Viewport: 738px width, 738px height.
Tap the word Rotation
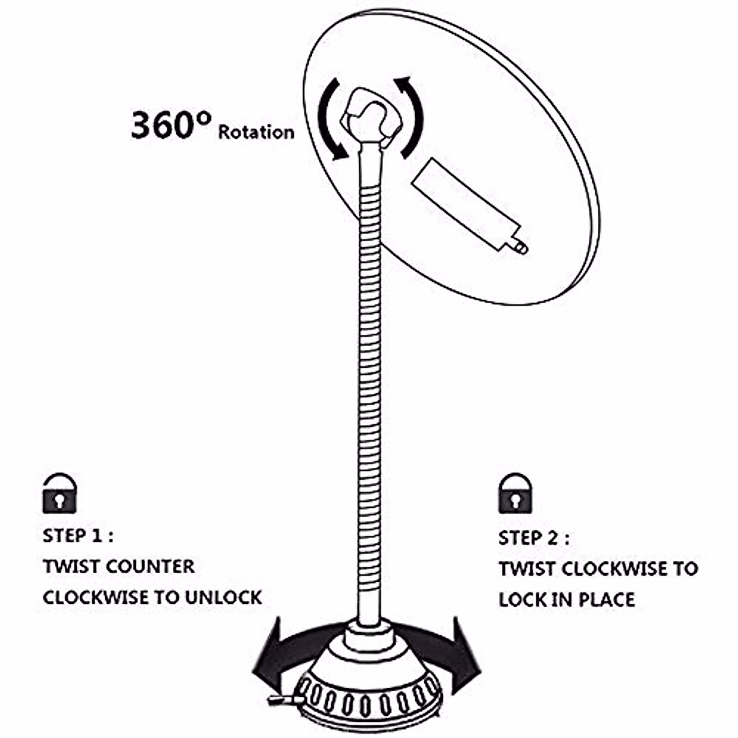(x=256, y=132)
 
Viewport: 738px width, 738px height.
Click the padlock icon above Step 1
(x=59, y=493)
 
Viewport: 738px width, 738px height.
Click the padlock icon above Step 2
(x=515, y=493)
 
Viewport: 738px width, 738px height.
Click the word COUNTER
(x=150, y=566)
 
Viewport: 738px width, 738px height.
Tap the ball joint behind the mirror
(x=373, y=116)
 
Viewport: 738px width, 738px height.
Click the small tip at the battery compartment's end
(x=520, y=247)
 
